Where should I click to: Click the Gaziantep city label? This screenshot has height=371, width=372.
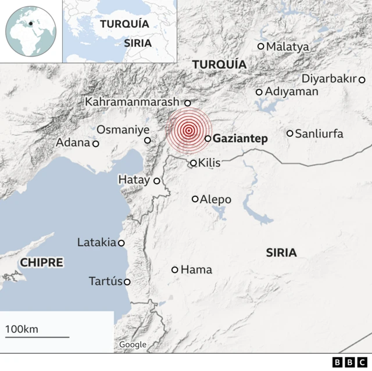coord(240,139)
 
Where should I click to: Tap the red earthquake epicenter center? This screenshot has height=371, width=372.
coord(188,131)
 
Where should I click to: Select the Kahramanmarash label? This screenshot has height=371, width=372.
coord(133,102)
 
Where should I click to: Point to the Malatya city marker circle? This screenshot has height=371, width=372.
coord(261,46)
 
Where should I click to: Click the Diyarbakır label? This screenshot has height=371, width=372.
coord(329,79)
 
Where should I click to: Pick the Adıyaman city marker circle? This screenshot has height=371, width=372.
coord(259,92)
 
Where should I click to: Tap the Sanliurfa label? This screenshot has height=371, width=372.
coord(319,134)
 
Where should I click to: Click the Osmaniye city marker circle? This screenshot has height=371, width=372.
coord(148,140)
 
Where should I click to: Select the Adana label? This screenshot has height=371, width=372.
coord(73,142)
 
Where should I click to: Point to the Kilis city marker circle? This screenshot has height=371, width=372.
coord(194,163)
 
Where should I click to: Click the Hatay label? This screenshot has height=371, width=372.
coord(134,180)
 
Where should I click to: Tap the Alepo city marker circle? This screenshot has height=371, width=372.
coord(195,199)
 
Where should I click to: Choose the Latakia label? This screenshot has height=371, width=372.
coord(96,243)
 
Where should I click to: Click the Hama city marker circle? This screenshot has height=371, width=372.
coord(175,269)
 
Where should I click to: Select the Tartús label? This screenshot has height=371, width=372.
coord(105,282)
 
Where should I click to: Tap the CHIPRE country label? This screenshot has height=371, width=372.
coord(41,262)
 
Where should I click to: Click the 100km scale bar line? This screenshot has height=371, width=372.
coord(37,336)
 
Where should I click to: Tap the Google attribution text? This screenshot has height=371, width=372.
coord(133,344)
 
